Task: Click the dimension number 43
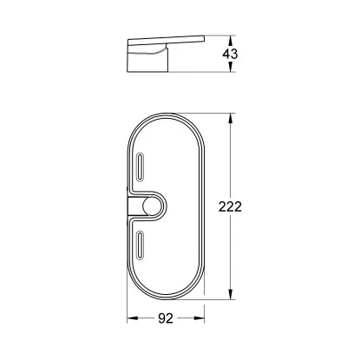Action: (230, 54)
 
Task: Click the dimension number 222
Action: (230, 206)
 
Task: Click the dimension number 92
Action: (166, 318)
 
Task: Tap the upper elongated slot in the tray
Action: (141, 167)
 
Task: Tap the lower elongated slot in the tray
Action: (141, 245)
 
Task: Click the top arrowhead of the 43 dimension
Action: (230, 40)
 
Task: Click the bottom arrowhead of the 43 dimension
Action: (230, 68)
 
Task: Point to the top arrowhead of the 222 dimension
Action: (230, 118)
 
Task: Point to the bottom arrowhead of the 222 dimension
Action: (230, 295)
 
